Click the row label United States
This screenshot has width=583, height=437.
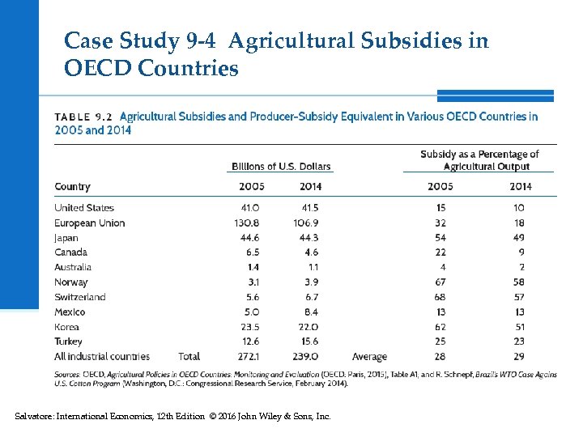click(x=84, y=208)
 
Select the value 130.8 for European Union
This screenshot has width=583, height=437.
click(x=246, y=223)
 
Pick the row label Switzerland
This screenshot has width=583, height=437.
click(x=79, y=297)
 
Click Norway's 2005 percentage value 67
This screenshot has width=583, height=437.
click(x=440, y=282)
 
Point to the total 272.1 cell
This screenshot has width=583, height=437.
click(x=246, y=356)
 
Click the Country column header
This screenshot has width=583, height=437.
click(x=72, y=187)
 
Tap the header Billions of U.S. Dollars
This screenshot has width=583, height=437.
click(x=281, y=167)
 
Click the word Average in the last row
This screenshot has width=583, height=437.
click(x=369, y=356)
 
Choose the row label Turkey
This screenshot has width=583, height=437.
click(x=68, y=342)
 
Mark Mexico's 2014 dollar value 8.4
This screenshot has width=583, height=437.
click(x=310, y=312)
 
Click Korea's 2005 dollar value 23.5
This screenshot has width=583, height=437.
click(x=248, y=326)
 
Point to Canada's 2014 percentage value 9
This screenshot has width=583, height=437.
click(x=519, y=252)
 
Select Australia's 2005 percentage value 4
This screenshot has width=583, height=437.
click(x=442, y=267)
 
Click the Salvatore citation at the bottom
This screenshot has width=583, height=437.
click(x=172, y=416)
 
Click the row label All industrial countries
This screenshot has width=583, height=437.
click(x=102, y=356)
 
